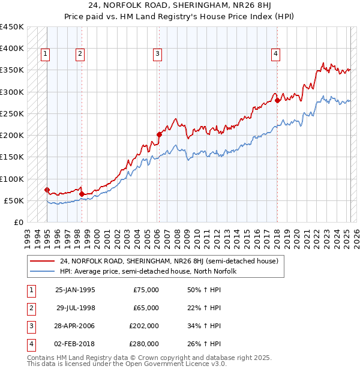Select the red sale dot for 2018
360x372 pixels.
click(277, 101)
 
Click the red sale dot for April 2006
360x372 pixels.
click(159, 134)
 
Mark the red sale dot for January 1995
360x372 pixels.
click(47, 190)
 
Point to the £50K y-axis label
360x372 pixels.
click(14, 200)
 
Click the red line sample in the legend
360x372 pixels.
click(43, 262)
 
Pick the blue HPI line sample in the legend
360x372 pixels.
click(43, 272)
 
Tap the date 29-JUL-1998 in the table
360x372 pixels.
click(75, 308)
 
